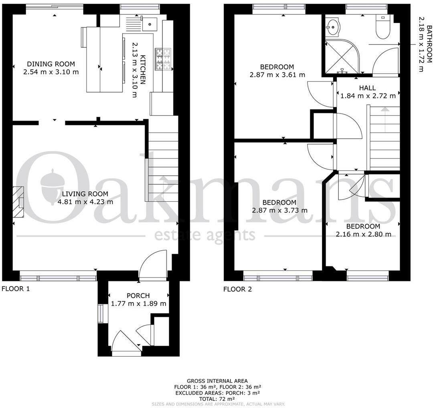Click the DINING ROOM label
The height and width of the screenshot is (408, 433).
51,64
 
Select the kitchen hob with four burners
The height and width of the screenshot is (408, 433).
163,59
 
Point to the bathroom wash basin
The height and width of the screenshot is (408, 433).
333,27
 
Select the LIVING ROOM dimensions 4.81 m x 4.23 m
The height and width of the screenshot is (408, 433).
85,202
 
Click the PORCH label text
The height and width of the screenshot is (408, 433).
138,296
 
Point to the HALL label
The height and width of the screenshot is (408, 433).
367,88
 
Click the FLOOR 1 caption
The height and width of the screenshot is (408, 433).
16,289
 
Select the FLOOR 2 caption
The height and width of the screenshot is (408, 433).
238,289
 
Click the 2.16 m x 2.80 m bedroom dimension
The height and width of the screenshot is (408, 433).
363,234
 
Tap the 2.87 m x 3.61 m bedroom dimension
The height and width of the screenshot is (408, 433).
277,75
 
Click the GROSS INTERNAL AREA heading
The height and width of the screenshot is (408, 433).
217,381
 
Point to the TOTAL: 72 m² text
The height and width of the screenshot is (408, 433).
217,399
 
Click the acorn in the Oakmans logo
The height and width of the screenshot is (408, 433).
53,186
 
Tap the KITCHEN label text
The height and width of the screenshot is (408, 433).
143,70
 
